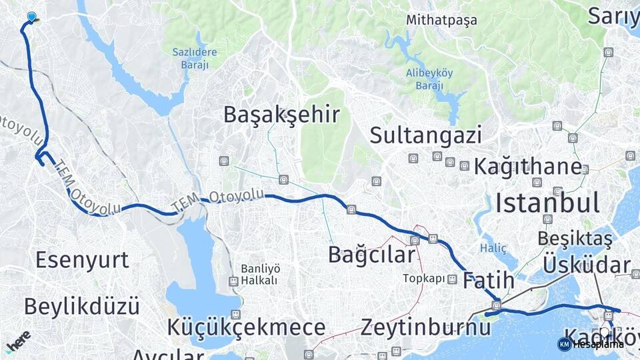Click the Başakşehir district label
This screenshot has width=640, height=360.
(x=281, y=115)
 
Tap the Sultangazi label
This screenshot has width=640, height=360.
(x=425, y=135)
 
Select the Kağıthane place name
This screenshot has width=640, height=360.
(x=527, y=167)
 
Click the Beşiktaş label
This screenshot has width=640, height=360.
(x=575, y=239)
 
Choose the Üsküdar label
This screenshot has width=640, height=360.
(x=587, y=265)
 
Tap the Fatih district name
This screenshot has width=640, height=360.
(x=489, y=280)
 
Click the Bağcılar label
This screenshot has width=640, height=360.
(x=371, y=254)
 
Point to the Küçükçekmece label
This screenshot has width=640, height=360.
(x=247, y=327)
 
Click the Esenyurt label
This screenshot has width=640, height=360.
(x=82, y=259)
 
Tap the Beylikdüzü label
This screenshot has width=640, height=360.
(x=82, y=307)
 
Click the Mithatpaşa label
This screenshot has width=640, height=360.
(x=442, y=20)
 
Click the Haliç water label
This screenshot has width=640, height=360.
(x=493, y=248)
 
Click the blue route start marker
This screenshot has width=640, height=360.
(x=31, y=17)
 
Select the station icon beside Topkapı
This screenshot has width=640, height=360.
(x=453, y=279)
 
